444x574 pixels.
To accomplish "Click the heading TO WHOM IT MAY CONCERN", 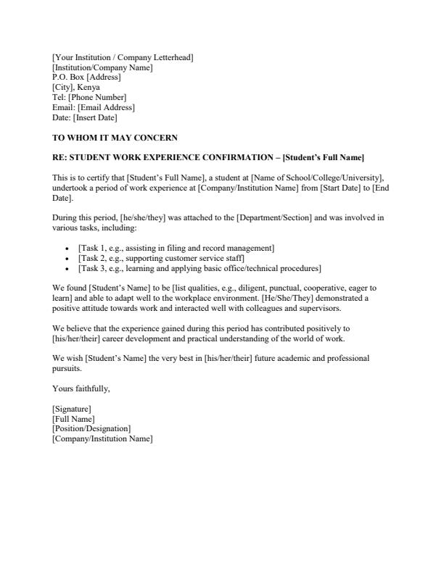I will coord(115,138).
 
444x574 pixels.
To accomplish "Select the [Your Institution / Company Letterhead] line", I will coord(123,57).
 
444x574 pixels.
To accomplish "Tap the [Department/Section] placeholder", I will coord(278,217).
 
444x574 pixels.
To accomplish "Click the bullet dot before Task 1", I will coord(67,249).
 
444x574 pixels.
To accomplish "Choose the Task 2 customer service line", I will coord(161,259).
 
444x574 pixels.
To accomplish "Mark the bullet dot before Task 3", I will coord(67,269).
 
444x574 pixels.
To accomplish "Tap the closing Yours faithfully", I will coord(81,389).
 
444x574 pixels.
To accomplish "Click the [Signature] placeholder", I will coord(72,409).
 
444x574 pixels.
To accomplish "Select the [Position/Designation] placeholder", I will coord(91,429).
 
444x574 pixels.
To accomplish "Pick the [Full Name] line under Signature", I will coord(73,419).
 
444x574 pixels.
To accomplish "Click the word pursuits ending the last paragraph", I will coord(67,368).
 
